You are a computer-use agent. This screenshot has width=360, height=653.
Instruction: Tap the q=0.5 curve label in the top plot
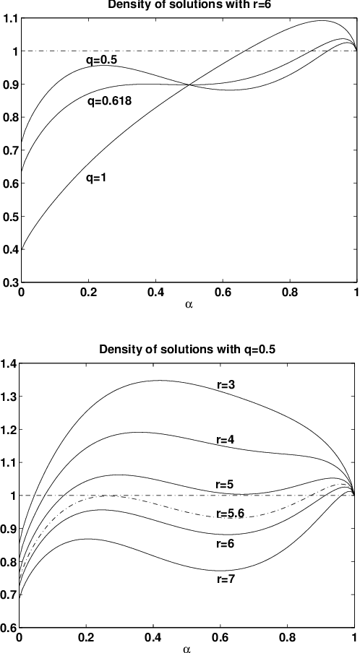[100, 59]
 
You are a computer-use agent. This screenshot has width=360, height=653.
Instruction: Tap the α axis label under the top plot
[189, 305]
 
